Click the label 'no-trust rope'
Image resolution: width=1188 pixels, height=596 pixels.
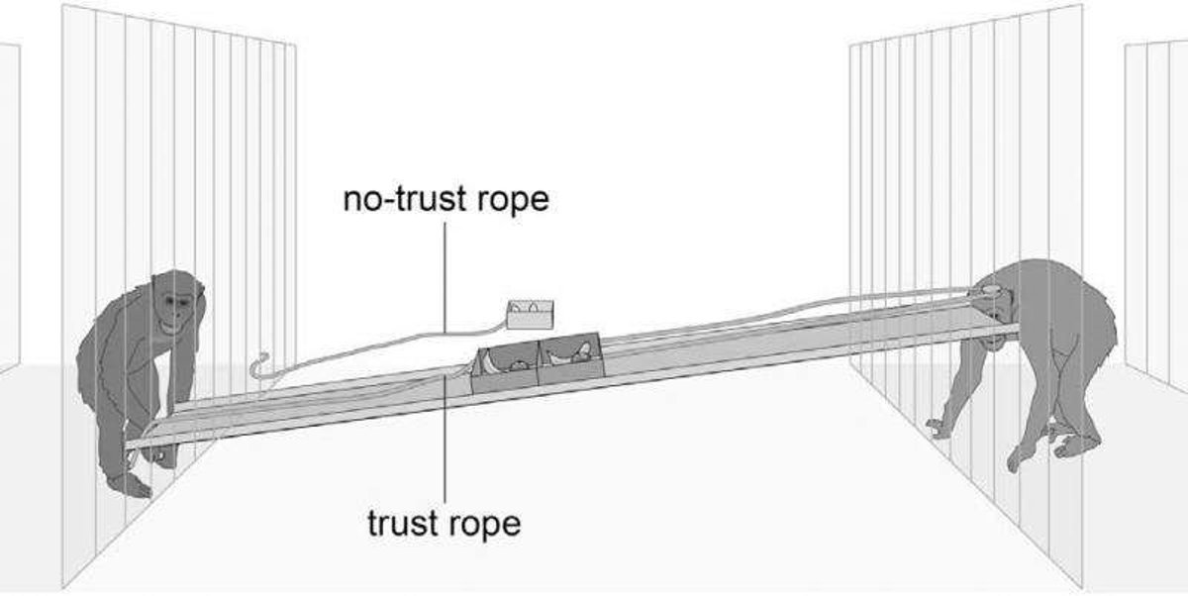tap(445, 198)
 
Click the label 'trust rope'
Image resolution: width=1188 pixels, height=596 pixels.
tap(443, 522)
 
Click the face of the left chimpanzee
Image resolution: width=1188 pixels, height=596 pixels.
tap(176, 304)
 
